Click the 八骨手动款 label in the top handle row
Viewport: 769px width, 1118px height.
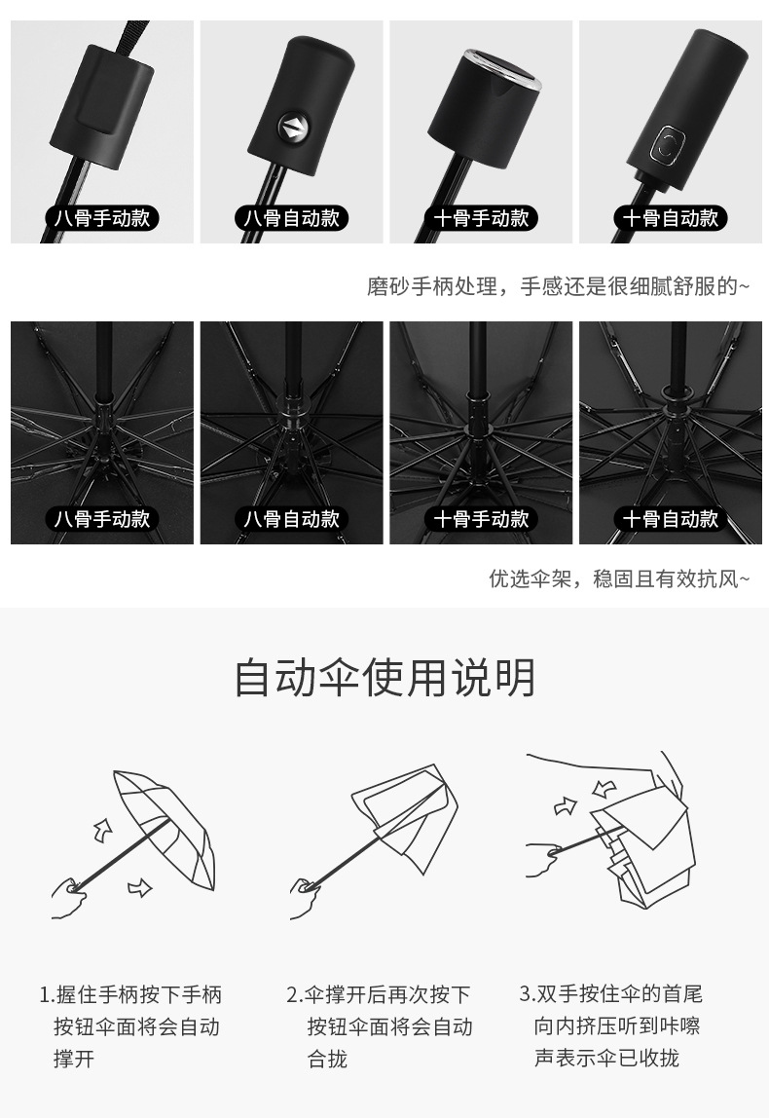click(x=102, y=217)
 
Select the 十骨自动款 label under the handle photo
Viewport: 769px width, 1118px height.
click(x=671, y=217)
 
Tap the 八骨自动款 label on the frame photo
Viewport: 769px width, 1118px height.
click(x=292, y=519)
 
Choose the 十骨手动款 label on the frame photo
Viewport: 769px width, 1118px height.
click(x=481, y=519)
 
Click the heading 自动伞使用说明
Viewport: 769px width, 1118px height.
click(x=384, y=678)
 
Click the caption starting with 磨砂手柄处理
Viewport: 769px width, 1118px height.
click(x=558, y=286)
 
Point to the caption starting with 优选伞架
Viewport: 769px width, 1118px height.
click(x=619, y=578)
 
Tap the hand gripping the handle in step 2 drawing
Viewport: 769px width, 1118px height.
click(x=305, y=896)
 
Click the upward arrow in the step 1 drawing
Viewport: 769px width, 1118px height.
click(x=102, y=830)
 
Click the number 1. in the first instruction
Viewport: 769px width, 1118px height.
click(x=47, y=994)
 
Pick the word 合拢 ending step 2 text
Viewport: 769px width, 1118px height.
click(x=327, y=1059)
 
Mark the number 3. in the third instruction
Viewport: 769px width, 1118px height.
click(x=527, y=993)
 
